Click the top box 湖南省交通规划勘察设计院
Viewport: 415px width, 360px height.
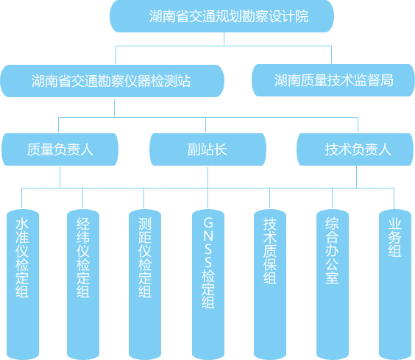[x=221, y=16]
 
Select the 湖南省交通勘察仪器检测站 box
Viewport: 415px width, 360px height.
[x=113, y=81]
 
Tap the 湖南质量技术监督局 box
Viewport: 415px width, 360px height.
[x=333, y=80]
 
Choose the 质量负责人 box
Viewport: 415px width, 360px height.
[x=60, y=149]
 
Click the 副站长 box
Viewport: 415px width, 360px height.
[x=207, y=149]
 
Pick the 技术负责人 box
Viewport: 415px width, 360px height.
[x=355, y=149]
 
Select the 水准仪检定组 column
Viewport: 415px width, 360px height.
[x=23, y=284]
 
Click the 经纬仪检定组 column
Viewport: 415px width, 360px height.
[x=83, y=284]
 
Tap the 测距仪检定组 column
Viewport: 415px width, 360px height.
[x=145, y=284]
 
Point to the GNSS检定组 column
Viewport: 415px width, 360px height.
[x=208, y=284]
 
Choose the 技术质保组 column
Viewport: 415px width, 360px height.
[x=270, y=284]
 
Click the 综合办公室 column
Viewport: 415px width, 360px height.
[x=333, y=284]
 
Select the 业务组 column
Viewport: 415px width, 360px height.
[x=395, y=284]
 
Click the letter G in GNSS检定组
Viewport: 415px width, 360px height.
[x=208, y=222]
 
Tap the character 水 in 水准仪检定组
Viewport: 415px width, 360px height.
[x=22, y=224]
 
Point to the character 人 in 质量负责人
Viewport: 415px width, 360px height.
[x=87, y=149]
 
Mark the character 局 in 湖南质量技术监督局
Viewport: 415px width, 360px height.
[x=387, y=80]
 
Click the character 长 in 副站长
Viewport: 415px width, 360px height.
[x=221, y=149]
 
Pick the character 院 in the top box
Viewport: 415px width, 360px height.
[x=302, y=16]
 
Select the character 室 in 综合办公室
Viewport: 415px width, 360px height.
[x=332, y=278]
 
